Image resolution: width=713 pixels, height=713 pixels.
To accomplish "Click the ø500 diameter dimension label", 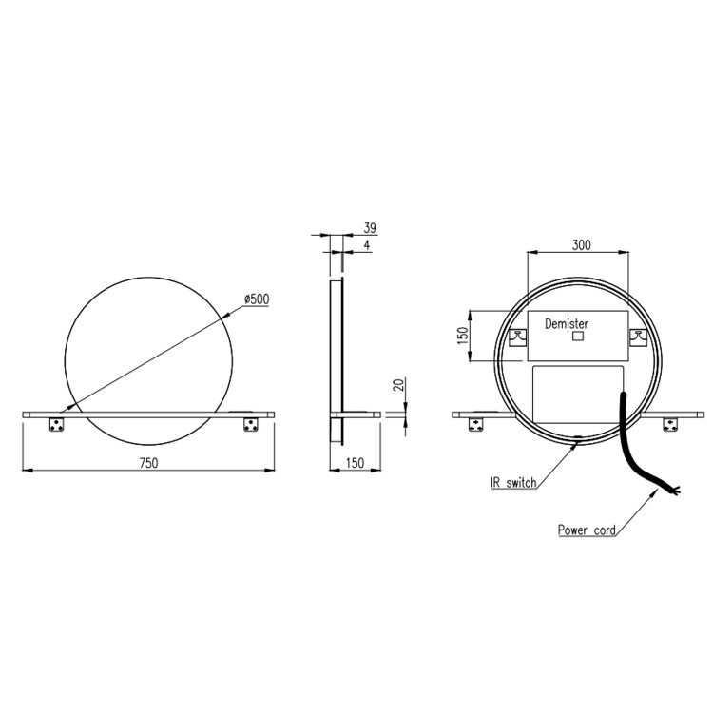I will point(257,299).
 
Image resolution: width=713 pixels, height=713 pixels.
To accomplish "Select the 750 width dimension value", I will point(147,462).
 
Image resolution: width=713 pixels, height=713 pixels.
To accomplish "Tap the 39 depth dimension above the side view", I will point(370,229).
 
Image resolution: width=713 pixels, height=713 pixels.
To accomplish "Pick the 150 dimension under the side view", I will point(354,462).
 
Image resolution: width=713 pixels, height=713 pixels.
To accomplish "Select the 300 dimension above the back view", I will point(581,244).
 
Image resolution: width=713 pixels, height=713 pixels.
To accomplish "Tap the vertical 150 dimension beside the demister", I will point(463,337).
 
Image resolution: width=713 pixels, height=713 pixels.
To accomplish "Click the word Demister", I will point(567,323).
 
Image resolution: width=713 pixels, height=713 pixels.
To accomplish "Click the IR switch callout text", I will point(513,483).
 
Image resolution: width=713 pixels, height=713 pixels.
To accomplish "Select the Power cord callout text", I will point(587,530).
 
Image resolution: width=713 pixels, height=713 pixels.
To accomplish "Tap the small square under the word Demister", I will point(575,337).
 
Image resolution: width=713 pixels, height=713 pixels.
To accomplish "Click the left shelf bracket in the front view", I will point(56,425).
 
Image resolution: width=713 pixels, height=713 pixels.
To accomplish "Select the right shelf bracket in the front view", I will point(252,425).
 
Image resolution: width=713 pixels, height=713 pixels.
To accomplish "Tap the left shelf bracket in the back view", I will point(472,425).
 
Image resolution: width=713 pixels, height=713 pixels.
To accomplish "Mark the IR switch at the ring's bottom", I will point(578,439).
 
